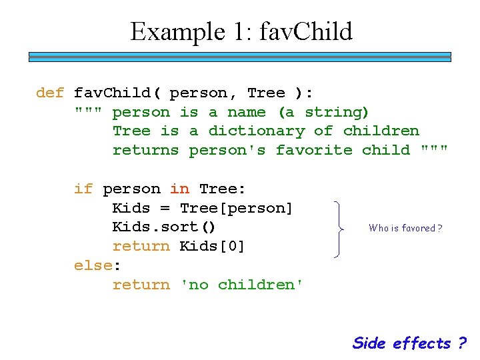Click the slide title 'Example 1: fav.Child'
point(241,31)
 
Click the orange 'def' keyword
point(50,93)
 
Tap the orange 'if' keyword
point(83,189)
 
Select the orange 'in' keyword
point(179,189)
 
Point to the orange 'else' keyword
point(93,265)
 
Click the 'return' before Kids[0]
point(141,247)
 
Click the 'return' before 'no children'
point(141,285)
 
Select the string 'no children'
point(242,285)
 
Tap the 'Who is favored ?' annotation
point(406,228)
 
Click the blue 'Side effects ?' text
point(409,343)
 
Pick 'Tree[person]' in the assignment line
point(236,208)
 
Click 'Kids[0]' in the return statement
point(213,247)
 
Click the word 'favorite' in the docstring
point(314,150)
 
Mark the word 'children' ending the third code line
point(381,131)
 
